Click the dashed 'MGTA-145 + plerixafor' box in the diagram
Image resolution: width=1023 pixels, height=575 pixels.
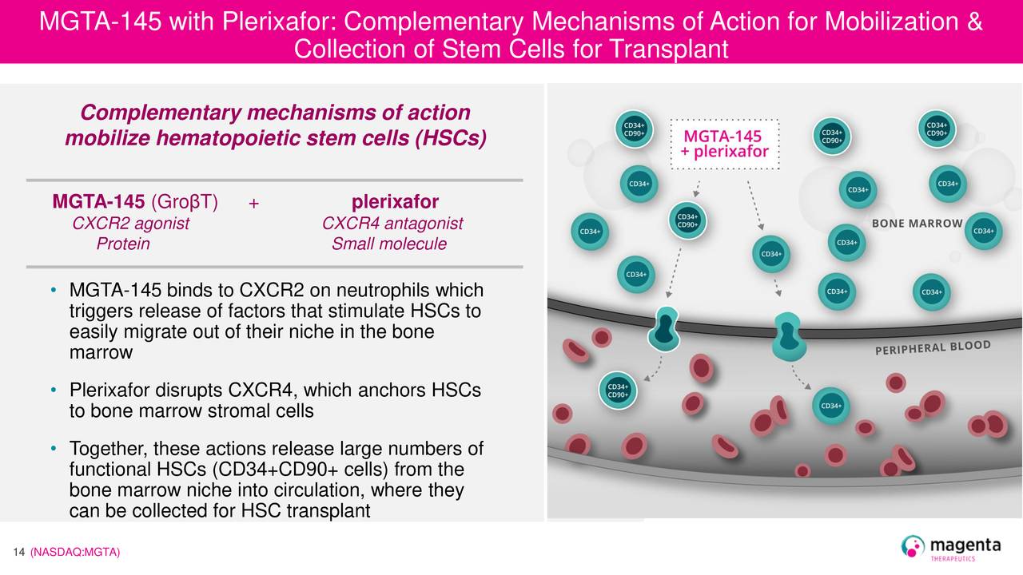click(724, 144)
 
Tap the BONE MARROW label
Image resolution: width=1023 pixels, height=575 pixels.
click(917, 224)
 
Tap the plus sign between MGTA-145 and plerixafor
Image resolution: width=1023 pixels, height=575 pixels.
click(253, 203)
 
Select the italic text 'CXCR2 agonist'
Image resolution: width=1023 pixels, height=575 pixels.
click(130, 224)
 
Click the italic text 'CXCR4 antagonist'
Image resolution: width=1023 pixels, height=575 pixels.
click(392, 224)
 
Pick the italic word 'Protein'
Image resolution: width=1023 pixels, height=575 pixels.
click(123, 244)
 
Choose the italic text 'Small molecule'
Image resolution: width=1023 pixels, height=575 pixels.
click(388, 244)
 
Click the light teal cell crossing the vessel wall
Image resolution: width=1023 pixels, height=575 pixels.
click(787, 335)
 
